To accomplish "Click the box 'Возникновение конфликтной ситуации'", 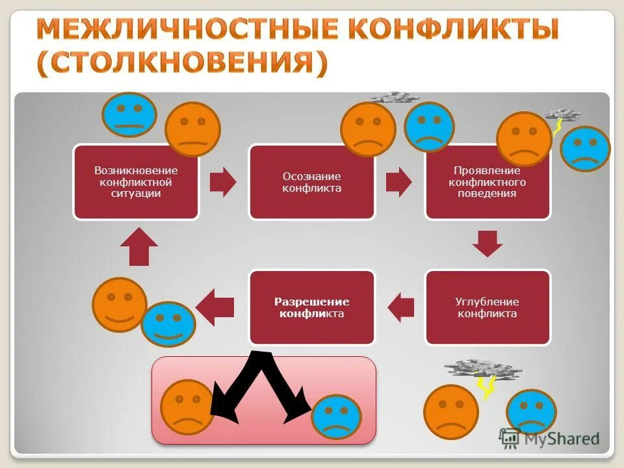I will (136, 182).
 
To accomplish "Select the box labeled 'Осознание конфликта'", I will (312, 182).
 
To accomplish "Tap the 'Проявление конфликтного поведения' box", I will (487, 182).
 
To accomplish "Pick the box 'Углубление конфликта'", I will (487, 307).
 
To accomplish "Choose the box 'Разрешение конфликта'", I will (312, 307).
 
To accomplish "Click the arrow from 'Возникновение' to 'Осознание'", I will (224, 182).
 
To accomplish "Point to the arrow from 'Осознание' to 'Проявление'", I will (398, 182).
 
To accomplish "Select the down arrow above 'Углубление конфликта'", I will (487, 242).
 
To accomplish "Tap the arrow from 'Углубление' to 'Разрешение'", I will (400, 307).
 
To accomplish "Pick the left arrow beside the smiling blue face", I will (215, 307).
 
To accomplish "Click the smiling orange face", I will (120, 304).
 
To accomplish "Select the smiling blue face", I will (168, 323).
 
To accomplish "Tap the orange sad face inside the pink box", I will (187, 407).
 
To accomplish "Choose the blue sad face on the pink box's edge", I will (336, 417).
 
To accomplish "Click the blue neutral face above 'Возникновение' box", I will (129, 114).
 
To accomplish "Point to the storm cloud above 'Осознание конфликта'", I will (395, 97).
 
